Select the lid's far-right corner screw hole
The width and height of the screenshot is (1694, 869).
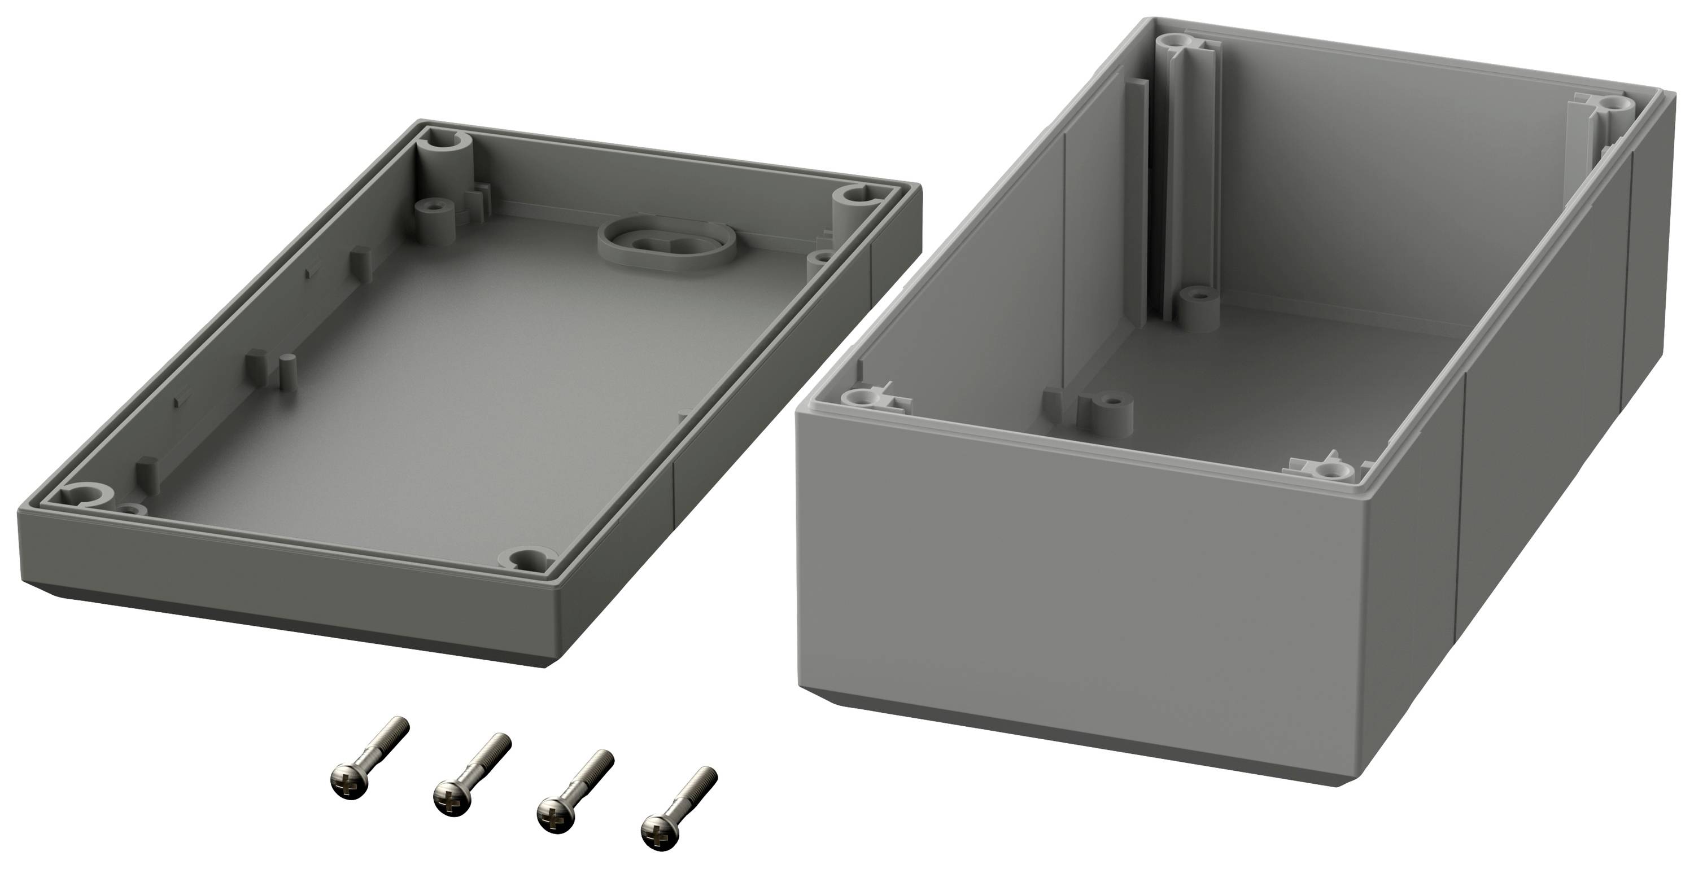855,195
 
